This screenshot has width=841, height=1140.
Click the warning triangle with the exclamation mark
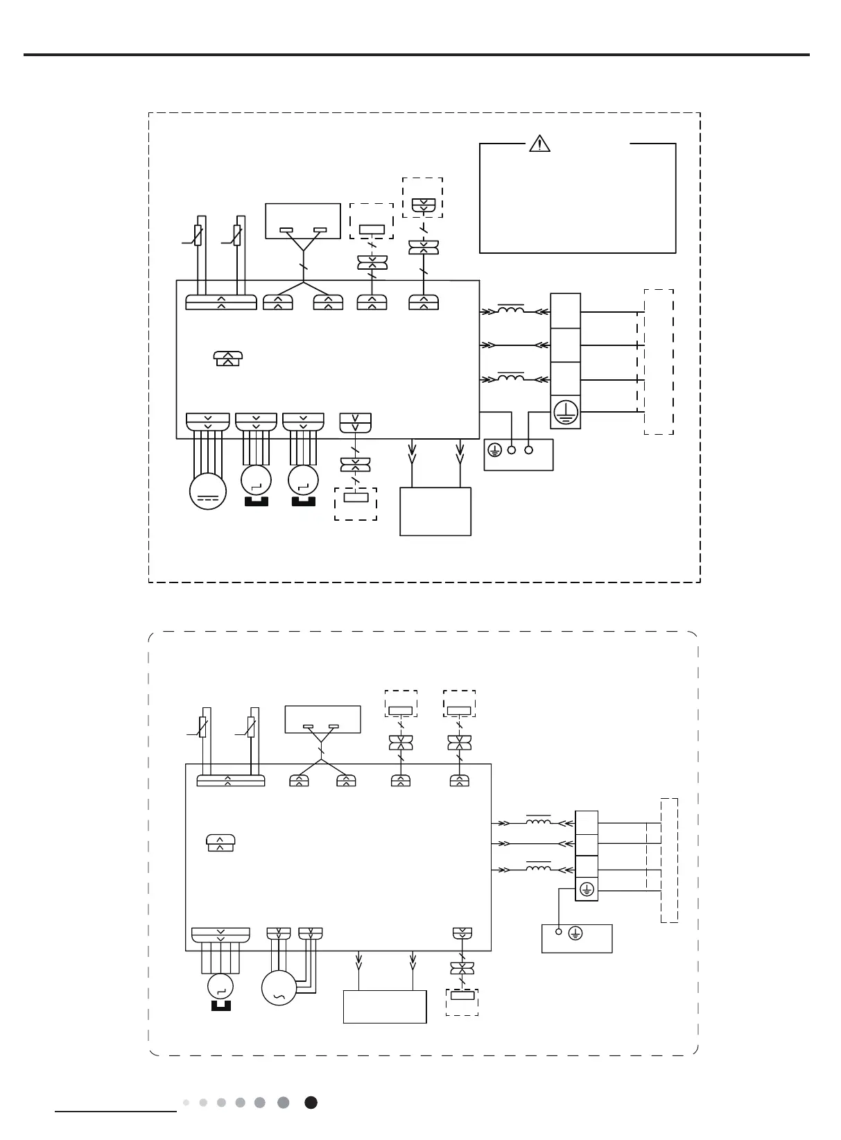tap(539, 144)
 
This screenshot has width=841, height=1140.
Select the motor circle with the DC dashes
tap(208, 491)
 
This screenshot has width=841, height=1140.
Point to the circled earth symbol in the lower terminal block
tap(587, 890)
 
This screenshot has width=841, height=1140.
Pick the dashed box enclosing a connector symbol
tap(422, 197)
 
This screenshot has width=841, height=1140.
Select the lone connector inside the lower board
tap(220, 843)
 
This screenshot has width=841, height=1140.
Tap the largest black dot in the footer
tap(311, 1103)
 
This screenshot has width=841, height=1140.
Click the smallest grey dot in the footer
tap(186, 1103)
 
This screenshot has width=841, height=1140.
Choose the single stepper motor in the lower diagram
tap(220, 986)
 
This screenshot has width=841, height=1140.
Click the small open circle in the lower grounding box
tap(559, 933)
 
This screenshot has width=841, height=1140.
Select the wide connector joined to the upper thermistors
tap(221, 302)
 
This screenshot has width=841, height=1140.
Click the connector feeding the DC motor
tap(208, 422)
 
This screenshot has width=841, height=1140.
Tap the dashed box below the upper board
tap(356, 504)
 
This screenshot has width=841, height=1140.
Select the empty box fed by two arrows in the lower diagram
tap(385, 1006)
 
